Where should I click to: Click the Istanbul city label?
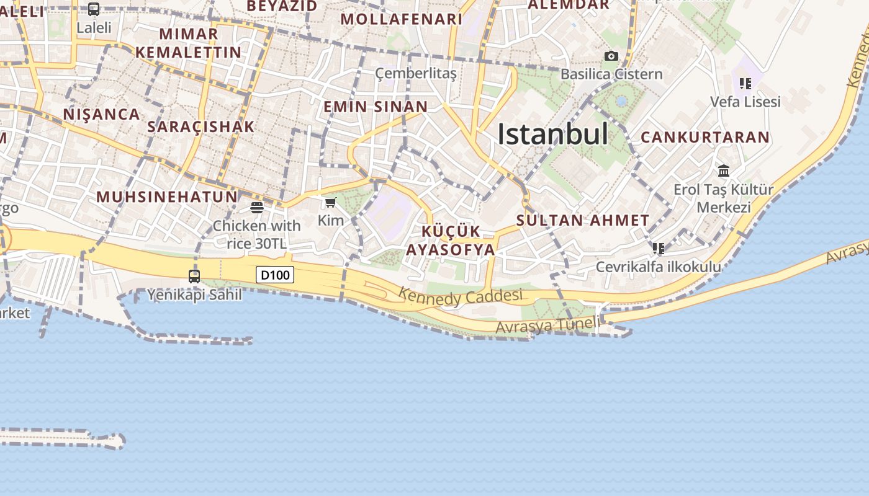[552, 134]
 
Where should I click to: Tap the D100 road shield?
[274, 274]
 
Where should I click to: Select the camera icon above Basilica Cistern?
[611, 56]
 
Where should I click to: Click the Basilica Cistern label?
[611, 74]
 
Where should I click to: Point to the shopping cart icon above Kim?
[331, 202]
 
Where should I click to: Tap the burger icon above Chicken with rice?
[256, 207]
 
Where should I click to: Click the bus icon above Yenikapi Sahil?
[194, 276]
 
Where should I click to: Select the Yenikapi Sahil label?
[194, 294]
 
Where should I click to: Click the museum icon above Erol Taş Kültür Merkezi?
[724, 170]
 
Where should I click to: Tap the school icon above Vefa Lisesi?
[745, 83]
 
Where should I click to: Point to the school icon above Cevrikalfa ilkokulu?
[659, 249]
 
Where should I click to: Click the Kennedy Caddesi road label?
[460, 296]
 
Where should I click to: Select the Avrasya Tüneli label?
[548, 325]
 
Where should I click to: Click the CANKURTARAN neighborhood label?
[705, 137]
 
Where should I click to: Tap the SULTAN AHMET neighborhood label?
[583, 220]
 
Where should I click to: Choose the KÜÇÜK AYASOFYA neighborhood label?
[451, 241]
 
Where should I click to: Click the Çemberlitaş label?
[416, 74]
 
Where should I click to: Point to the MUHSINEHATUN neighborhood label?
[167, 197]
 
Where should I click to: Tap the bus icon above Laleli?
[94, 9]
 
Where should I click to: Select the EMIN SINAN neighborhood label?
[376, 107]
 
